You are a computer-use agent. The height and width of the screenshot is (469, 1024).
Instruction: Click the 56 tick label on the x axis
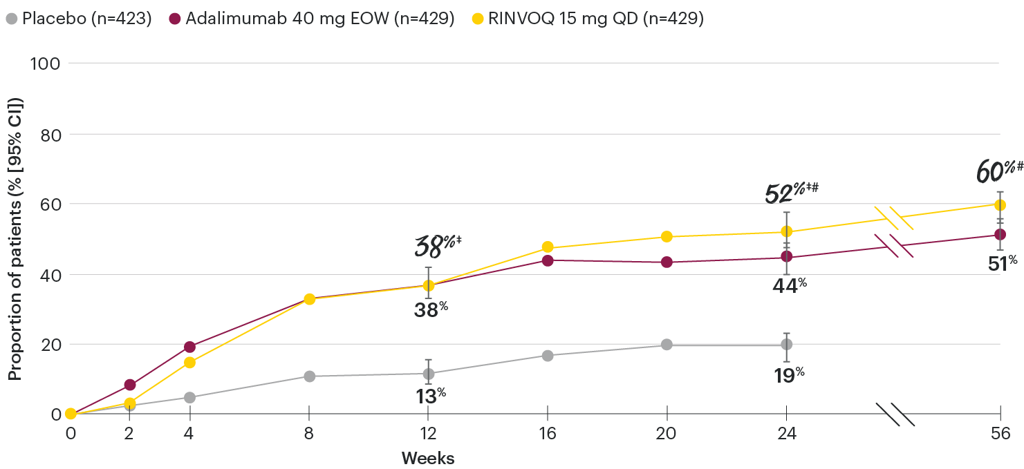1000,434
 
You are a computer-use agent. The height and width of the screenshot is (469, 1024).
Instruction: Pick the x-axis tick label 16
547,434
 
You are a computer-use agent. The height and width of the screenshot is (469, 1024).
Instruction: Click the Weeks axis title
428,458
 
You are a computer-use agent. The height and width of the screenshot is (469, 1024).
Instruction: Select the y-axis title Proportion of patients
15,238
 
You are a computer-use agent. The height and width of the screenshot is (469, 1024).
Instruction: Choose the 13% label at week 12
429,395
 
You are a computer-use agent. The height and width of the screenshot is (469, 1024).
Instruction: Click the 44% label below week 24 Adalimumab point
789,285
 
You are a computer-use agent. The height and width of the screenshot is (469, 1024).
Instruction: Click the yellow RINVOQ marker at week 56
1000,204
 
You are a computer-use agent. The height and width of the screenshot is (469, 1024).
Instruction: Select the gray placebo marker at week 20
667,344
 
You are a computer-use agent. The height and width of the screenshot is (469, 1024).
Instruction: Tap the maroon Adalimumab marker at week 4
189,347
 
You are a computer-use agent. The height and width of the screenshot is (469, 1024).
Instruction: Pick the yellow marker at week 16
548,247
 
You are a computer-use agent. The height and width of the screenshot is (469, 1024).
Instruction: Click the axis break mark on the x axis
895,414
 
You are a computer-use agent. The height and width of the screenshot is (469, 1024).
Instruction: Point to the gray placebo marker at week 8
309,376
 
